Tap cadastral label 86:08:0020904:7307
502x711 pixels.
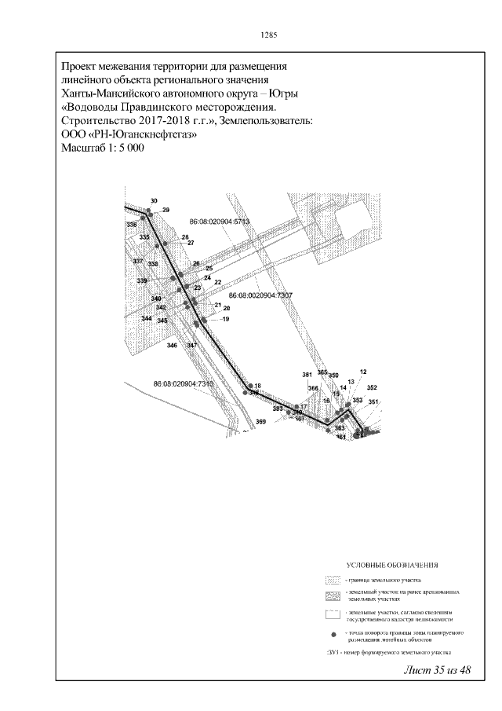pyautogui.click(x=260, y=295)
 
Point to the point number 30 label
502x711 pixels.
pyautogui.click(x=154, y=201)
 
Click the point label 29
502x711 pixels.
pyautogui.click(x=166, y=210)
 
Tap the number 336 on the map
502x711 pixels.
pyautogui.click(x=131, y=225)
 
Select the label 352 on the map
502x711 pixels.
pyautogui.click(x=372, y=387)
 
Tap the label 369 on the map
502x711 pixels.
pyautogui.click(x=261, y=423)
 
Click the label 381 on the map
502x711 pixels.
pyautogui.click(x=307, y=374)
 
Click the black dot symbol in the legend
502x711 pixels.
pyautogui.click(x=334, y=633)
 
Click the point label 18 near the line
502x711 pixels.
pyautogui.click(x=256, y=386)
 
